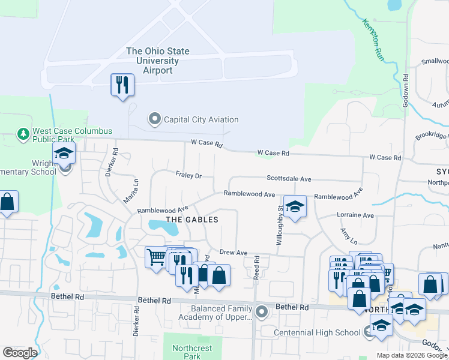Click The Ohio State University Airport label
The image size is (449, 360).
tap(158, 61)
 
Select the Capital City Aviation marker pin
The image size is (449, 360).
tap(155, 119)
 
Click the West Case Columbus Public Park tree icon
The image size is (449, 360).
tap(23, 133)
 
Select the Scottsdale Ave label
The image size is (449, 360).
tap(289, 179)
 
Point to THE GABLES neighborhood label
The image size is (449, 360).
tap(191, 220)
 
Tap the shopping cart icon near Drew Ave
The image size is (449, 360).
tap(156, 257)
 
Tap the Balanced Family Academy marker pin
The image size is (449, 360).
tap(261, 311)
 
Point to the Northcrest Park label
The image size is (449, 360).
tap(193, 352)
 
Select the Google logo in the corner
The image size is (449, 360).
tap(20, 353)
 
